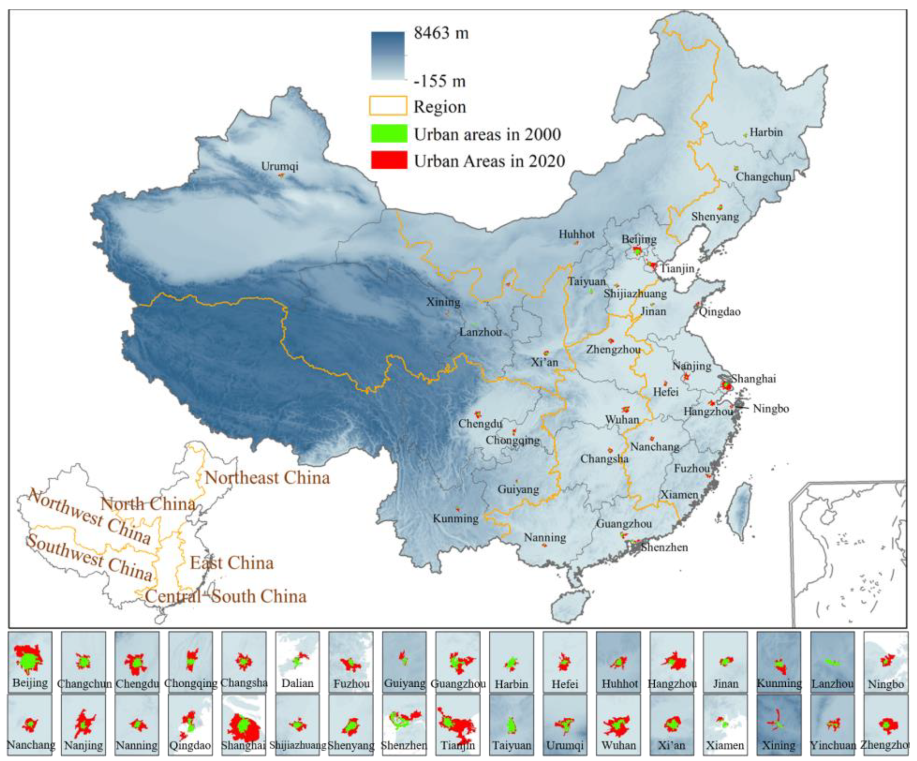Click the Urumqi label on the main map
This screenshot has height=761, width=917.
[279, 167]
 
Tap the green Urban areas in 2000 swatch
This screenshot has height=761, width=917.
[389, 134]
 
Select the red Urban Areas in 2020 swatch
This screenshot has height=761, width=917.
[389, 160]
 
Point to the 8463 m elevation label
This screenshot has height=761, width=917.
[441, 33]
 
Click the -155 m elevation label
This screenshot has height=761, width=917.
[440, 81]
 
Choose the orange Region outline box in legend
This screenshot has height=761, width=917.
[388, 106]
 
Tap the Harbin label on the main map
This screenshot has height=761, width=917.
[766, 132]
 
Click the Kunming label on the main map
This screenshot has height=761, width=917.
[455, 519]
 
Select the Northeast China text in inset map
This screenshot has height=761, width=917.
[267, 478]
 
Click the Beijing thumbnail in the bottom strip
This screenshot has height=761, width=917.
[30, 662]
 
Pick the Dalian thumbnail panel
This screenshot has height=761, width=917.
[297, 662]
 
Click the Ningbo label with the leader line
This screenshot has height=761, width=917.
[771, 409]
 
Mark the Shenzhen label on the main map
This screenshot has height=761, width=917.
[664, 548]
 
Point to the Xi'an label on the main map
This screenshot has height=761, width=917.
[545, 362]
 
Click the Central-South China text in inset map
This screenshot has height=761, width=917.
[226, 597]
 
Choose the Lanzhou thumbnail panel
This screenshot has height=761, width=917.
[832, 662]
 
